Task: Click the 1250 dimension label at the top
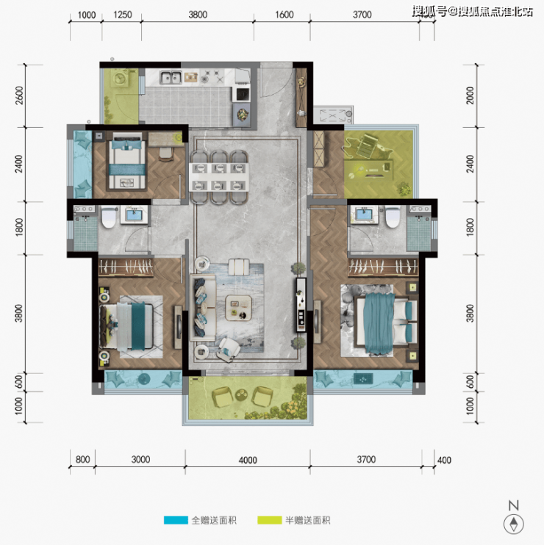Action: click(123, 15)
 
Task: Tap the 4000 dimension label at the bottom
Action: click(248, 461)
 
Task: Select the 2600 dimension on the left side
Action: click(19, 95)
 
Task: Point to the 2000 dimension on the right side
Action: click(470, 95)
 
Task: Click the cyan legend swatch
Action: click(176, 520)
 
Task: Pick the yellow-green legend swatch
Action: click(270, 520)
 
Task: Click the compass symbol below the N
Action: click(514, 524)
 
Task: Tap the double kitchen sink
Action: click(171, 77)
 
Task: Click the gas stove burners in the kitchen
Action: click(212, 76)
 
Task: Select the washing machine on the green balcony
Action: click(121, 78)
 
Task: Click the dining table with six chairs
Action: click(219, 177)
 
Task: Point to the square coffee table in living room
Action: click(239, 308)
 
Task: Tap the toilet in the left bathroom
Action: click(108, 217)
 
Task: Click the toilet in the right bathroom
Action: click(393, 217)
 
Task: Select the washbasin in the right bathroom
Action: click(364, 214)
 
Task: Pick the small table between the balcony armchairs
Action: click(240, 394)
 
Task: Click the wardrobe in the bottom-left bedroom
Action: click(126, 267)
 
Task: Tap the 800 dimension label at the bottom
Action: click(83, 460)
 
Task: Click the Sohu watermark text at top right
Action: click(473, 12)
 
